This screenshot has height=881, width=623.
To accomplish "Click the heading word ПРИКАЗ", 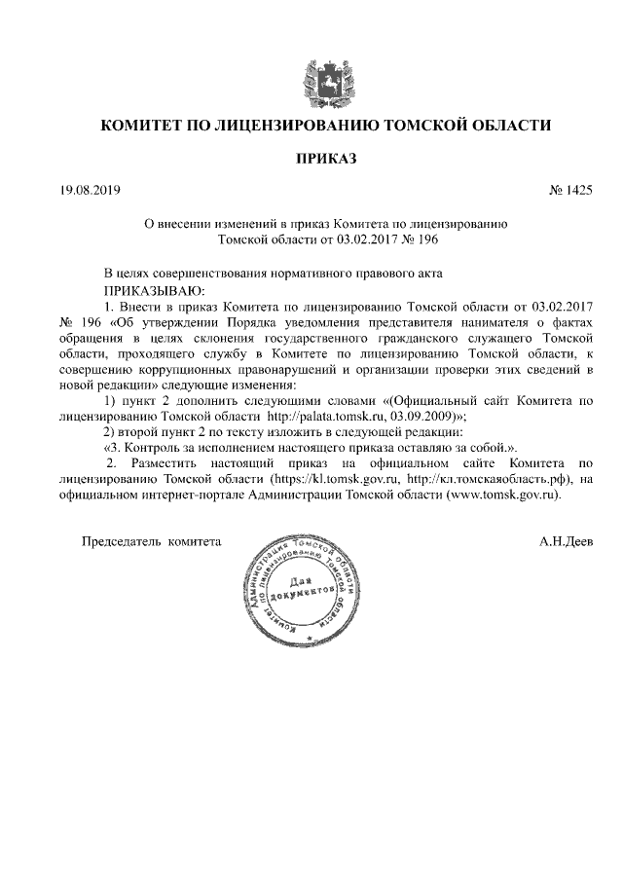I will tap(312, 157).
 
